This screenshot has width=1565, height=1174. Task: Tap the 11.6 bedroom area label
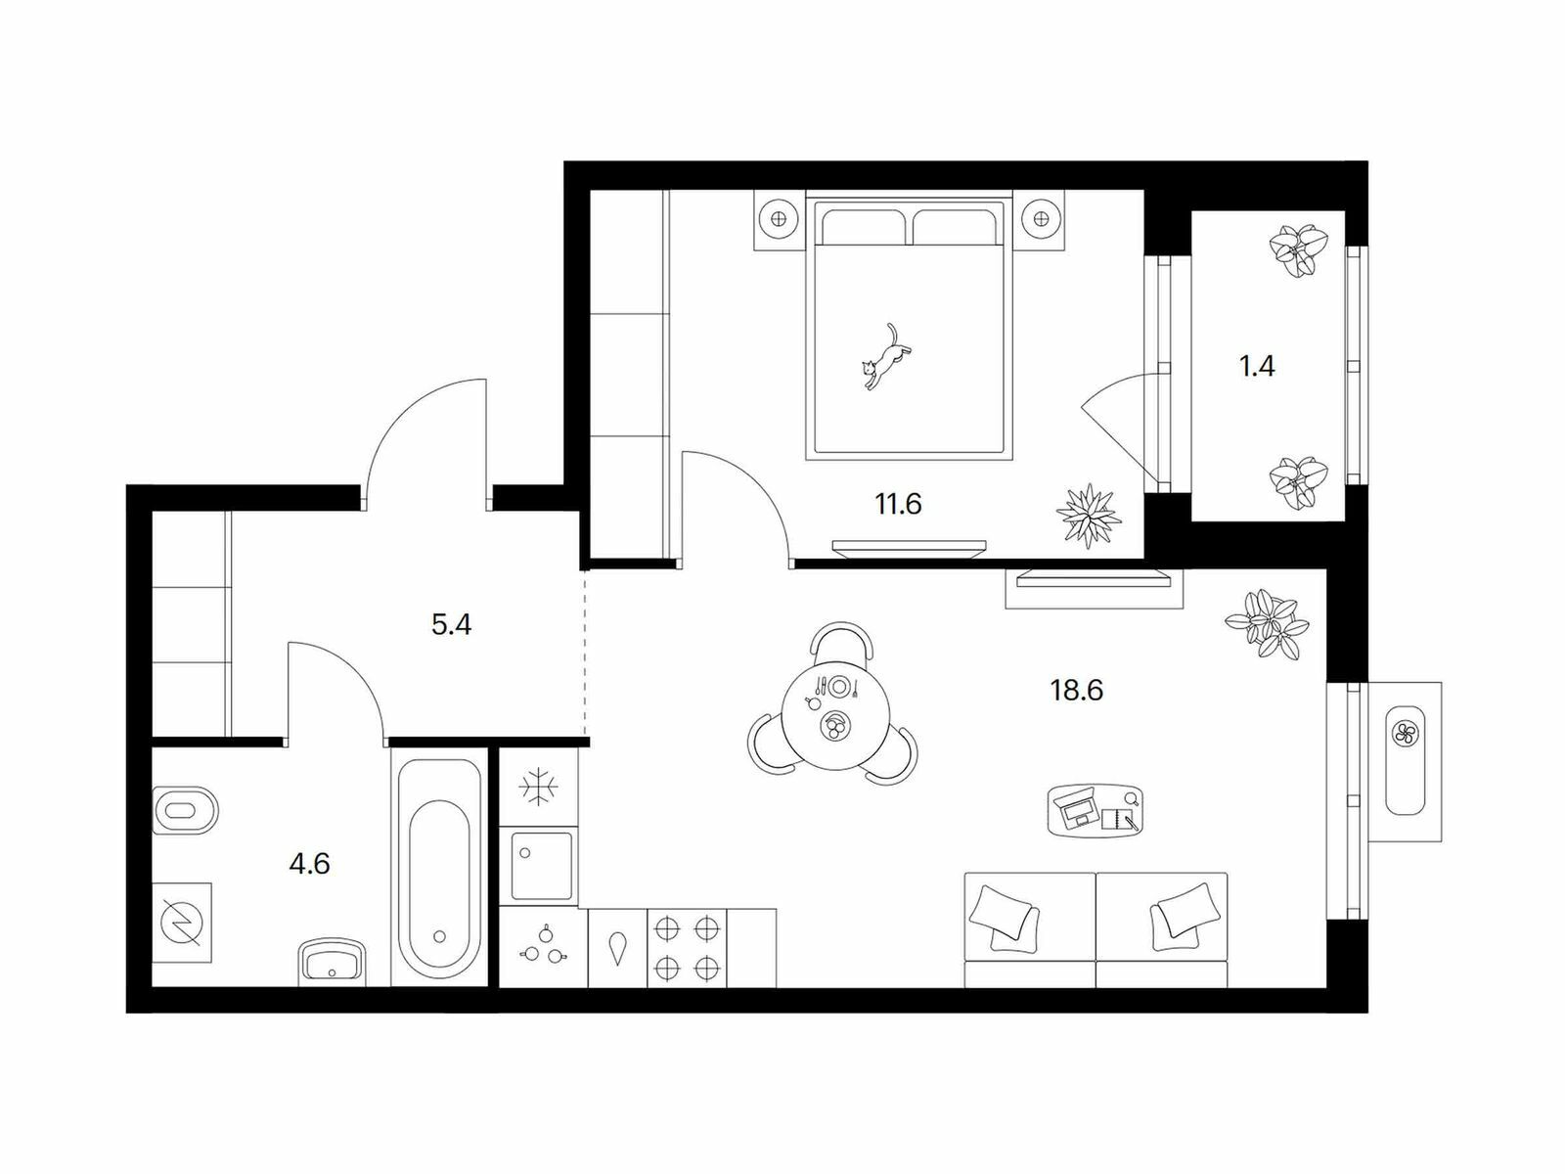pos(898,504)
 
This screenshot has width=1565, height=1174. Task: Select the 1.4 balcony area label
pos(1256,366)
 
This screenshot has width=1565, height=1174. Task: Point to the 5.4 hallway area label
pos(451,625)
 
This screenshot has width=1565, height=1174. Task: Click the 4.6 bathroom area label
pos(309,864)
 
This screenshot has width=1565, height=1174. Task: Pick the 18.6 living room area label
pos(1077,690)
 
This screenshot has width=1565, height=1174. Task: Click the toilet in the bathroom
pos(186,810)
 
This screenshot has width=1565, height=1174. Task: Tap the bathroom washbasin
pos(332,963)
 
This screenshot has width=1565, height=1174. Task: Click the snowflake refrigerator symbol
pos(538,787)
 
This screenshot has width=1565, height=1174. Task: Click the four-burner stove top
pos(686,948)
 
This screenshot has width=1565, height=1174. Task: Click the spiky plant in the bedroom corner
pos(1088,516)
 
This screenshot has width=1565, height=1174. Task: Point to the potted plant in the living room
pos(1267,624)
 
